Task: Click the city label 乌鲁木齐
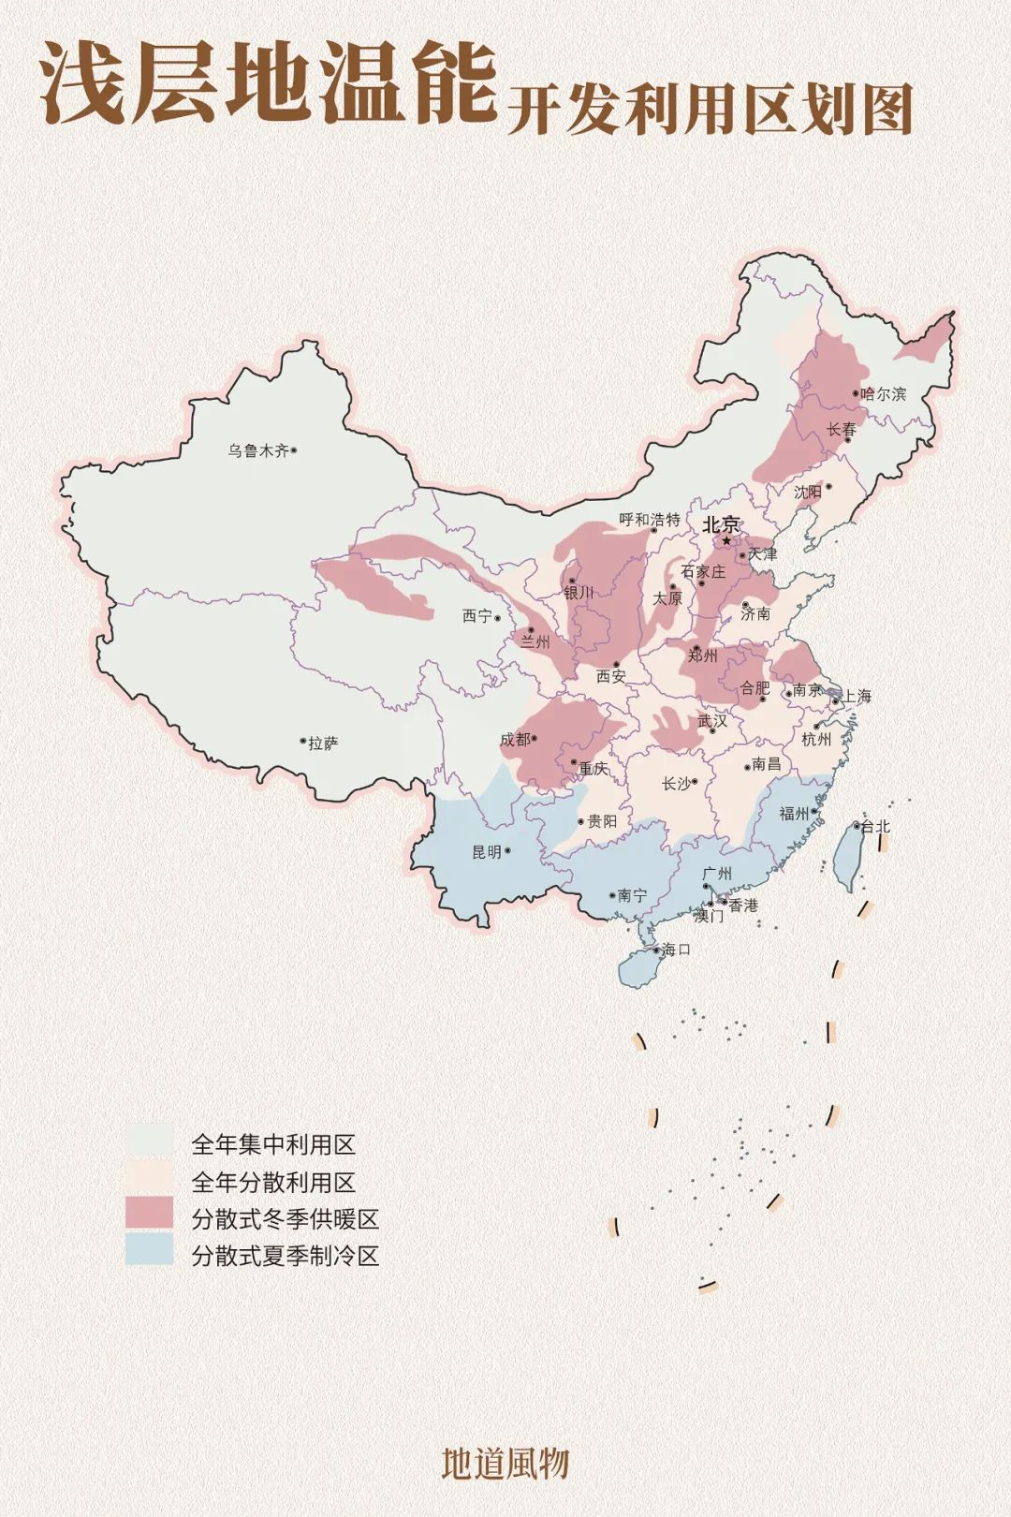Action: [x=258, y=450]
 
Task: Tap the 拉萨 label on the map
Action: [x=323, y=744]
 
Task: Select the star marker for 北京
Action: [x=725, y=541]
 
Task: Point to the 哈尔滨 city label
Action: [x=884, y=394]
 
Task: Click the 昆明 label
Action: [x=486, y=852]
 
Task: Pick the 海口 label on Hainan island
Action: [x=676, y=950]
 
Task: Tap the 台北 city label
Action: [x=875, y=826]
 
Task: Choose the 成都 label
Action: [x=514, y=740]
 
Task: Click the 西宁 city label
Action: [x=476, y=616]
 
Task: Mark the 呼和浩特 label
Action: [x=650, y=520]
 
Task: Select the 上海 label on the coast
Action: [x=857, y=696]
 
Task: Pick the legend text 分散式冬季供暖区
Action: [x=286, y=1219]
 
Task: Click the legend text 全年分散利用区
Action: [x=273, y=1182]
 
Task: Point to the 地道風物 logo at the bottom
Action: [x=505, y=1464]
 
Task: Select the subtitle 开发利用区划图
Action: [x=710, y=110]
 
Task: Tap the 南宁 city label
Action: [x=632, y=896]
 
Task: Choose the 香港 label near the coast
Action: [x=743, y=906]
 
